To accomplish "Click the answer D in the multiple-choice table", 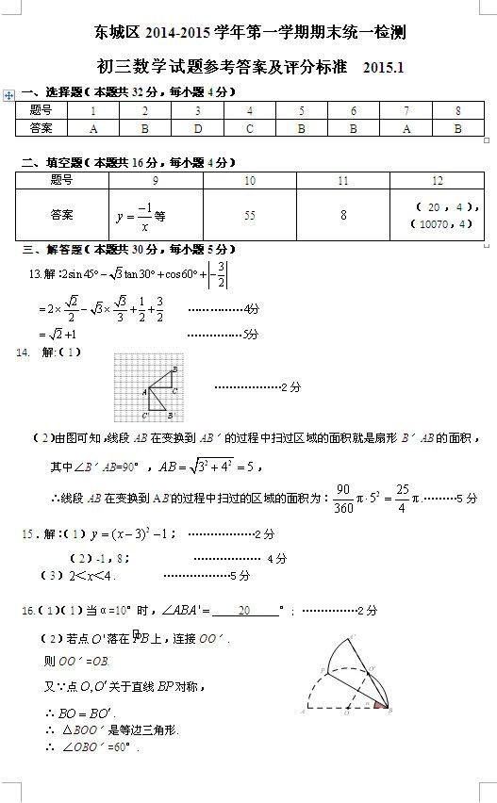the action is pos(198,128).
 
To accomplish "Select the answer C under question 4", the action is pos(250,128).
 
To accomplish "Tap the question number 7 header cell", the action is pos(406,111).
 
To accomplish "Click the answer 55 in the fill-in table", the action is pos(249,216).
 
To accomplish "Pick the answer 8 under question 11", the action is pos(343,216).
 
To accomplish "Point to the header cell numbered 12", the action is pos(438,180).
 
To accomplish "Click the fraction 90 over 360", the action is pos(343,499).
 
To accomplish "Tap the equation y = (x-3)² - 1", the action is pos(131,533).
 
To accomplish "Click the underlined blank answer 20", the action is pos(244,611).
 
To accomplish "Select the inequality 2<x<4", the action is pos(91,576).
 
